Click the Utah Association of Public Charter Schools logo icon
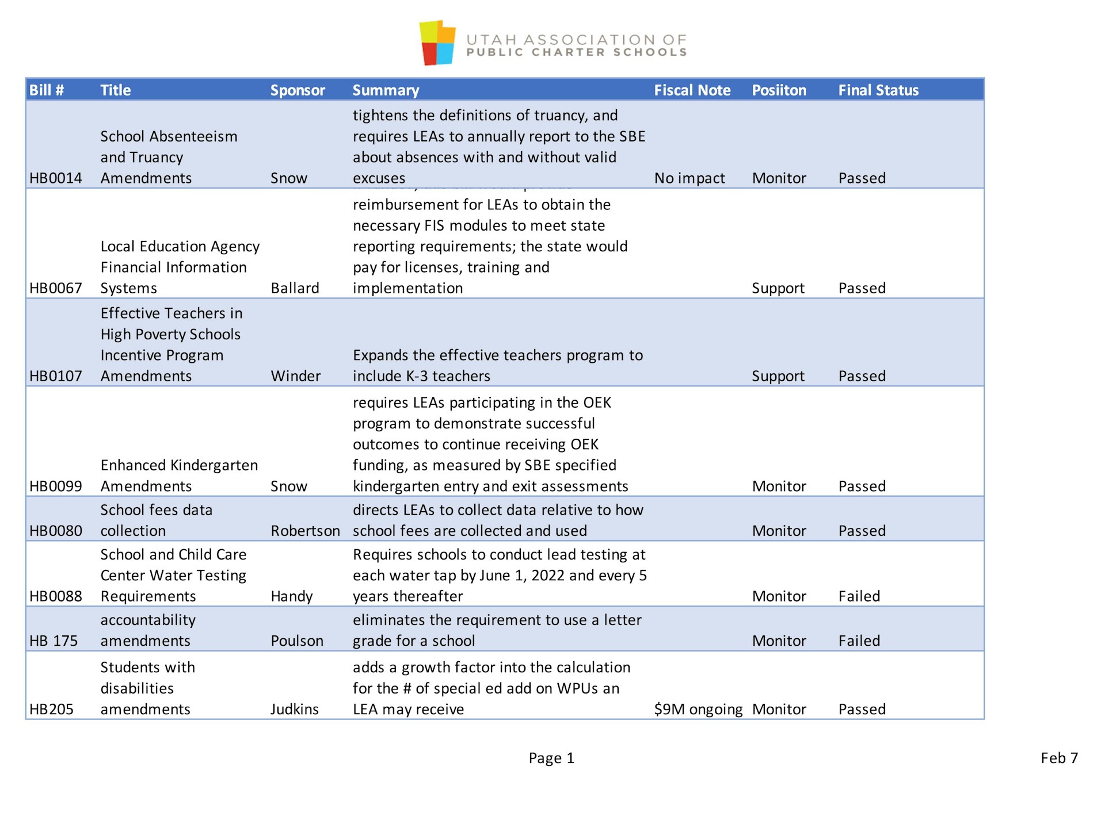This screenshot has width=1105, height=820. (437, 43)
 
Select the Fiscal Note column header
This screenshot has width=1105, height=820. (692, 90)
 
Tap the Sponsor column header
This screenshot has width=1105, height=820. (298, 90)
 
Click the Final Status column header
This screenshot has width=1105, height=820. (878, 90)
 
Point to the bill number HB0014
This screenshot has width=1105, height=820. (56, 178)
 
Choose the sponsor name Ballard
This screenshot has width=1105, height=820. (295, 288)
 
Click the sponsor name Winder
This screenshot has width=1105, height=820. (295, 376)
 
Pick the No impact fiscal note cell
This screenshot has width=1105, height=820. (689, 178)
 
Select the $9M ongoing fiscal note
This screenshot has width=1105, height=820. (698, 709)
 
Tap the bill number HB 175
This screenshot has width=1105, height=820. (54, 641)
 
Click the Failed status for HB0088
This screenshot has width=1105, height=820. (859, 596)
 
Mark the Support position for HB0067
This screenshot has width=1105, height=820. (778, 288)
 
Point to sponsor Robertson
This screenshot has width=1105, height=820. (305, 531)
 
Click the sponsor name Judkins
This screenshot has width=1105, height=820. (295, 709)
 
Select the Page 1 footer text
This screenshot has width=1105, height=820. (551, 758)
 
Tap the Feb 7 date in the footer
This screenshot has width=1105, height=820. (1059, 758)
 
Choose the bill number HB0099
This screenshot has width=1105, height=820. (56, 486)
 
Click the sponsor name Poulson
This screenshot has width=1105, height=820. (297, 641)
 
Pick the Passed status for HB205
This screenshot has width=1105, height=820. (862, 709)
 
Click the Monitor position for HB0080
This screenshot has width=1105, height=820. (779, 531)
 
